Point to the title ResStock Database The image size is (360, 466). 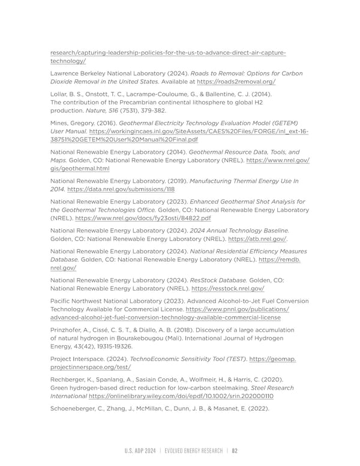click(213, 279)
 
